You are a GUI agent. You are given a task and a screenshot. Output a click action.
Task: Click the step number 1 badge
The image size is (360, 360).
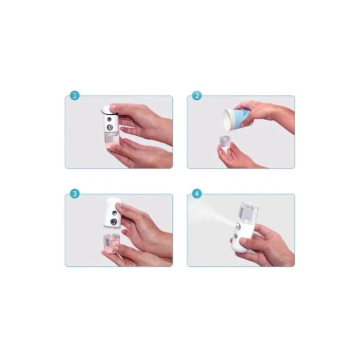(75, 96)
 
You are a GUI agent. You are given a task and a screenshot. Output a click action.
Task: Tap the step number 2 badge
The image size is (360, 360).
(197, 96)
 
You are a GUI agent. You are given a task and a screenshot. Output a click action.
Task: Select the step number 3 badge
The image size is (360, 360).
(75, 194)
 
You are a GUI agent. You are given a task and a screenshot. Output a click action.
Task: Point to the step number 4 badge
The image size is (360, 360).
(197, 194)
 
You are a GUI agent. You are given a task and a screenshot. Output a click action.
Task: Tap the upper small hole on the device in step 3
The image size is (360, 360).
(113, 211)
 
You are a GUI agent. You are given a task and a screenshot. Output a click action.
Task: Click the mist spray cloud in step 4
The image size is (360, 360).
(206, 216)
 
